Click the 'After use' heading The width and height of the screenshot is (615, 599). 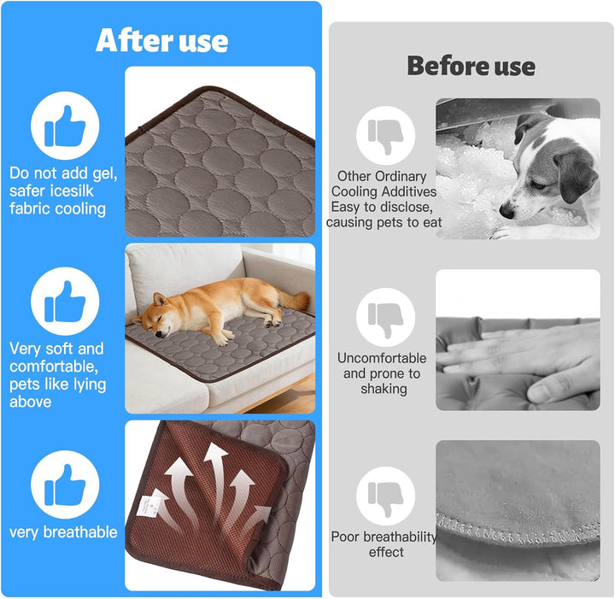[x=161, y=40]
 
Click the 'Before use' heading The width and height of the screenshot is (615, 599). [x=471, y=66]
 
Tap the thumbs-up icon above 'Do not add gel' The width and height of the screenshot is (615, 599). [x=65, y=126]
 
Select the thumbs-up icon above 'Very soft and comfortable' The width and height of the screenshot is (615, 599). [x=65, y=302]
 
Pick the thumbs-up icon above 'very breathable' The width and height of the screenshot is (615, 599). [x=65, y=484]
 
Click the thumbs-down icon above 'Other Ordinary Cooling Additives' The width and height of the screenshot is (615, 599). [x=385, y=135]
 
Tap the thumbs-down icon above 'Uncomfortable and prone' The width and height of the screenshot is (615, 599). [x=385, y=317]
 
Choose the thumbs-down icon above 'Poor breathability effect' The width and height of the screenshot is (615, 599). [x=385, y=496]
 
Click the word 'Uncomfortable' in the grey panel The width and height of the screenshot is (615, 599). [x=382, y=358]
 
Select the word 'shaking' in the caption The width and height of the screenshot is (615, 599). [x=384, y=389]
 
